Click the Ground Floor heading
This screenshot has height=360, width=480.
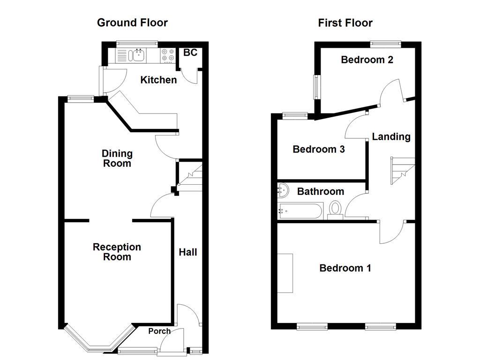[x=132, y=22]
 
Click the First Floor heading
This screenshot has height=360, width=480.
[x=345, y=22]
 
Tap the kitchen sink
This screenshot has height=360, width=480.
[x=138, y=56]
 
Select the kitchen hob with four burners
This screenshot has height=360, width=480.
[x=166, y=56]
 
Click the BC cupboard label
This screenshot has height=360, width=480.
[x=190, y=52]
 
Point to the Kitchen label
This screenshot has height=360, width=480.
[x=158, y=80]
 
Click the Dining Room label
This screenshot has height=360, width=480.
[x=117, y=158]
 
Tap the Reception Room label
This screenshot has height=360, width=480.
[x=117, y=252]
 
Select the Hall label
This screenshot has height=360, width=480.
[x=188, y=252]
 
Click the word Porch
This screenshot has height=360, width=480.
[x=159, y=331]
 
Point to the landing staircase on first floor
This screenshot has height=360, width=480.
[x=402, y=170]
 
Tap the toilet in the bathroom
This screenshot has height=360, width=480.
[x=335, y=210]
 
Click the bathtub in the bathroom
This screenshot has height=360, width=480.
[x=300, y=211]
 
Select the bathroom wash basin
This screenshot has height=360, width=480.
[x=282, y=190]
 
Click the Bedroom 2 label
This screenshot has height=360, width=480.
[x=367, y=60]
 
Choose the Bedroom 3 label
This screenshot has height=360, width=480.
[x=319, y=149]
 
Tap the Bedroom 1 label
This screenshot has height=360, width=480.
[x=345, y=268]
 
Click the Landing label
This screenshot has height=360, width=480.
[x=391, y=136]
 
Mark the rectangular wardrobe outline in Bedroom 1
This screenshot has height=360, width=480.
[x=285, y=273]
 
